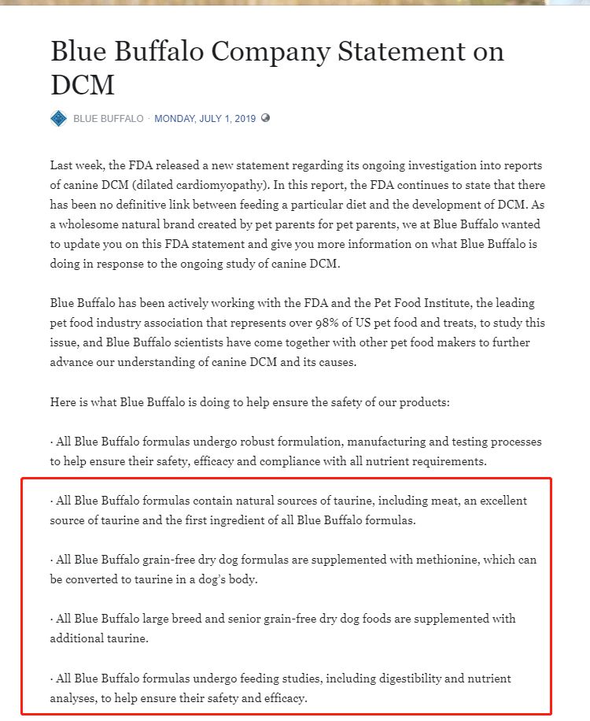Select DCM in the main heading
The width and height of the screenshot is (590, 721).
(x=82, y=84)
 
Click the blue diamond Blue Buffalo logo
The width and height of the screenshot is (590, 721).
(x=58, y=118)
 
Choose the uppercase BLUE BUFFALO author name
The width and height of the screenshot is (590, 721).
(x=109, y=119)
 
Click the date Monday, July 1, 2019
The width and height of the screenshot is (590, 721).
(x=205, y=119)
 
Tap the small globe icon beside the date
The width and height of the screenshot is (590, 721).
(x=265, y=118)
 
